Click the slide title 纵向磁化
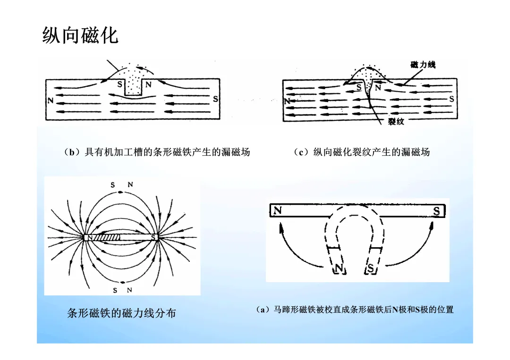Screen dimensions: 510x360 click(x=80, y=35)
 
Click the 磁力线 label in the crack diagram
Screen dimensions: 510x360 click(x=423, y=65)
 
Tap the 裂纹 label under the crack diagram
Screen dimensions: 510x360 click(x=395, y=122)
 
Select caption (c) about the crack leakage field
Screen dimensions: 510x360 click(x=361, y=152)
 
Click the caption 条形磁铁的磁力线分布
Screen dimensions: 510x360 click(x=121, y=313)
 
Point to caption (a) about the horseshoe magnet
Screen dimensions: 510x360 click(x=354, y=310)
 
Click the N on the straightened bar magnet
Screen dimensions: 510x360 click(x=278, y=211)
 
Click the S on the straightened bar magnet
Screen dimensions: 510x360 click(x=437, y=211)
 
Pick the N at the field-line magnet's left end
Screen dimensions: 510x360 click(x=89, y=237)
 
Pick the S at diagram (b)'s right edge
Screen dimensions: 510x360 click(x=215, y=100)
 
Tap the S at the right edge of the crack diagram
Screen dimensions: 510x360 click(x=451, y=99)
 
